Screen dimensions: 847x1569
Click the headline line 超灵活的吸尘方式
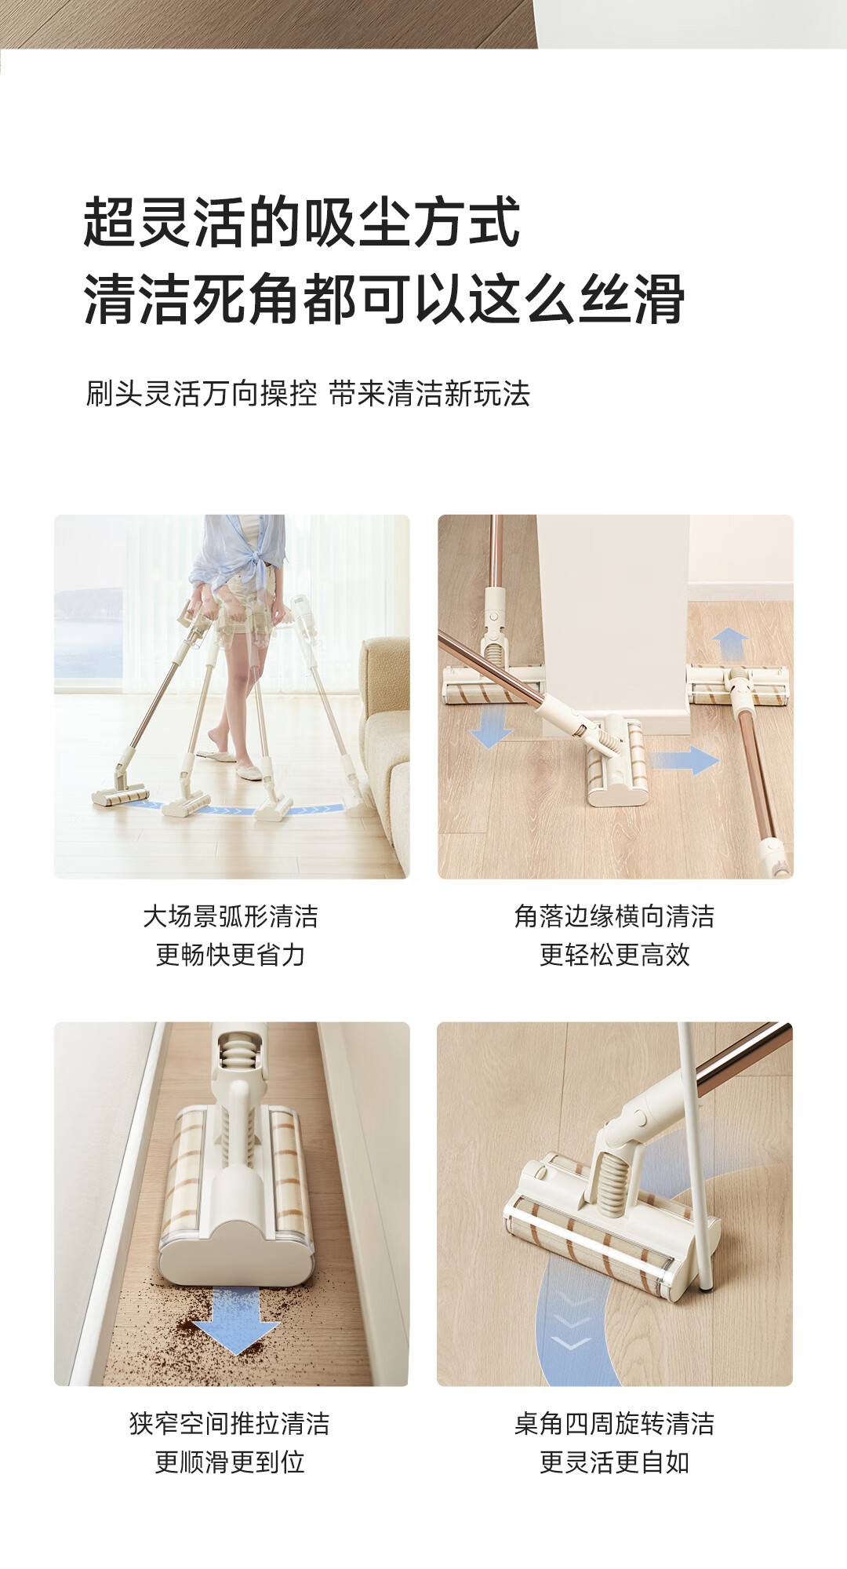302,222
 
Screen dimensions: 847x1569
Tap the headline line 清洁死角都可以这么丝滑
384,299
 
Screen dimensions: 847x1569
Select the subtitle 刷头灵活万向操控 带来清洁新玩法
308,394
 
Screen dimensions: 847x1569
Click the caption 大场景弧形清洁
231,916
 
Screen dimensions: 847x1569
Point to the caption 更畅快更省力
231,955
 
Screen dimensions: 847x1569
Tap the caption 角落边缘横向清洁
615,916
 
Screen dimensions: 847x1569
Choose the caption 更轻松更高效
615,955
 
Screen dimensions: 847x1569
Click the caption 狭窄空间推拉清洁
230,1424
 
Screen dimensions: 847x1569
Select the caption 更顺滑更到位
230,1462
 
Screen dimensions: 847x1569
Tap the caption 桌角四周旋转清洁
615,1424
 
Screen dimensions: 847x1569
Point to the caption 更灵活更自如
615,1462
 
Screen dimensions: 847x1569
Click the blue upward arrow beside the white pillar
731,645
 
